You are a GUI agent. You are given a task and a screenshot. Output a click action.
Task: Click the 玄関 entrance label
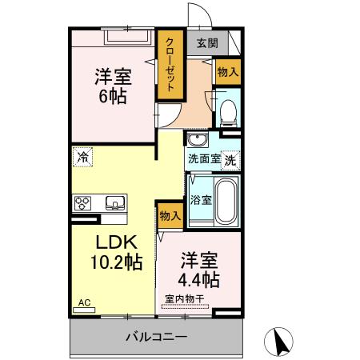tap(206, 43)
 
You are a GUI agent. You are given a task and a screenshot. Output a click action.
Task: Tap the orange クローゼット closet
tap(170, 65)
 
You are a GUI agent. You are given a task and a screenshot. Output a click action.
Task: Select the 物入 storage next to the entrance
tap(227, 72)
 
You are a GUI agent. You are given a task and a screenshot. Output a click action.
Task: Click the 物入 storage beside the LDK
tap(170, 215)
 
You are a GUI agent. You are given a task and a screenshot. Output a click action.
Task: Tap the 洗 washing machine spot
tap(230, 160)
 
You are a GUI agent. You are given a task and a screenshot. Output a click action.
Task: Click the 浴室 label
tap(200, 200)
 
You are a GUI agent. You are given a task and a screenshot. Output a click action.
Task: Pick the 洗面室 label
tap(203, 159)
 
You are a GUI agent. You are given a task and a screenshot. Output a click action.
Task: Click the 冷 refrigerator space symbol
tap(83, 158)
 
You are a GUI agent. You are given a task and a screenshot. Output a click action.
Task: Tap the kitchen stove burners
tap(85, 202)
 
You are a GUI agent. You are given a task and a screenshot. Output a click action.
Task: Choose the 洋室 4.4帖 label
tap(198, 270)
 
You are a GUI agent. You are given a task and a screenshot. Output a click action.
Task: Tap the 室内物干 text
tap(185, 299)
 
